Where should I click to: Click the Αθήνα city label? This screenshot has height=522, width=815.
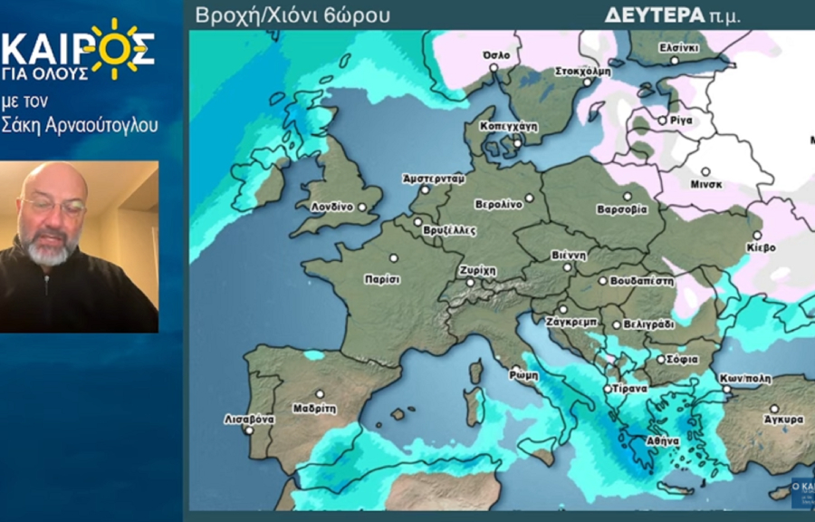coord(662,440)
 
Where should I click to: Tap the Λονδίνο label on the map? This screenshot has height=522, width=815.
coord(331,207)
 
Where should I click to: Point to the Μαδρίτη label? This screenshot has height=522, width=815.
coord(315,408)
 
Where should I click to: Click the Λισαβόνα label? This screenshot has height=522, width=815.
coord(249,420)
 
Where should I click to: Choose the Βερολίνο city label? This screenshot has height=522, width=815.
coord(498,204)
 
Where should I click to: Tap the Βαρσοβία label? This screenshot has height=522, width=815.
coord(622,209)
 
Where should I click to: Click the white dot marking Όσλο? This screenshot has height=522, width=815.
coord(494,66)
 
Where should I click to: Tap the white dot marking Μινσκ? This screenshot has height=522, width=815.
coord(705,171)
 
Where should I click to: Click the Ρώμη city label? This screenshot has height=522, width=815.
coord(523,373)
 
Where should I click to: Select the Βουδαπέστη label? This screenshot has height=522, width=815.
coord(641,281)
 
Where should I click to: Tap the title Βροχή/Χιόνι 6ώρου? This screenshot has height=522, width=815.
coord(293,15)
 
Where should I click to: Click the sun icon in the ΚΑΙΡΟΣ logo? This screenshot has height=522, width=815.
coord(114,45)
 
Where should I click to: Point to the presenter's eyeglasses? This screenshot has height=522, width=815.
coord(53,207)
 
